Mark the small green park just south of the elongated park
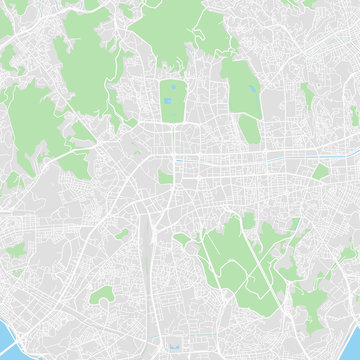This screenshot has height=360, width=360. click(x=249, y=129)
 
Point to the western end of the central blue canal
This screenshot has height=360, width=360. click(x=178, y=161)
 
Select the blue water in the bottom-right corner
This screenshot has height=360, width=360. click(x=352, y=352)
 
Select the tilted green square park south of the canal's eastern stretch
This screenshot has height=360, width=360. click(x=320, y=172)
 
